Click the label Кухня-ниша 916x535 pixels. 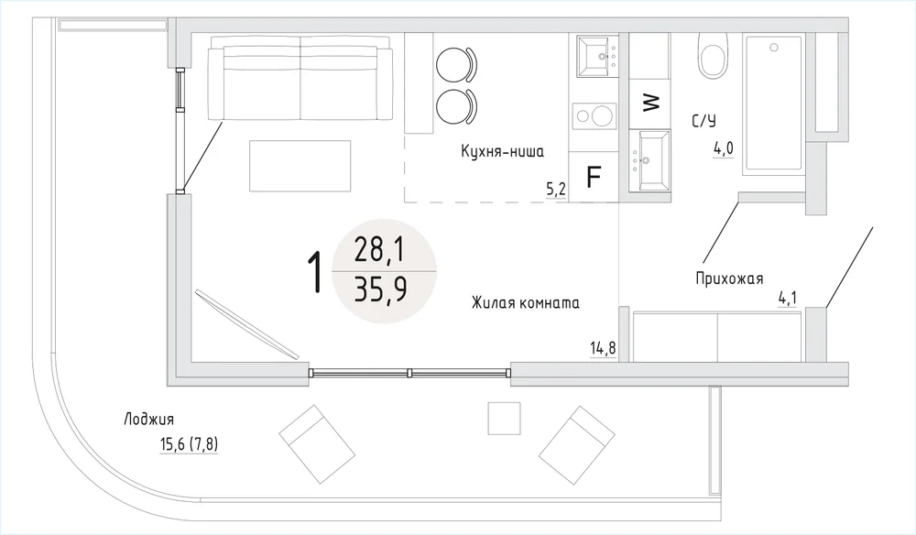click(x=502, y=152)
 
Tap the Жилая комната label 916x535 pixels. click(x=526, y=302)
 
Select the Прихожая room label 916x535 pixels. click(x=729, y=278)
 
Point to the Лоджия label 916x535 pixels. click(x=148, y=420)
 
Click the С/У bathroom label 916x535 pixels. click(x=703, y=121)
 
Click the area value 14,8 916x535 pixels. click(x=603, y=349)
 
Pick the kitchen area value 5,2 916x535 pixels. click(x=556, y=190)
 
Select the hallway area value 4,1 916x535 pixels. click(x=787, y=299)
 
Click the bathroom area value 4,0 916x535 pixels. click(x=723, y=149)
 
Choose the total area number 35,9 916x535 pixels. click(x=381, y=290)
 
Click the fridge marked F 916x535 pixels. click(x=594, y=177)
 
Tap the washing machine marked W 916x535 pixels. click(x=649, y=104)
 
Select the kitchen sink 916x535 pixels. click(x=597, y=57)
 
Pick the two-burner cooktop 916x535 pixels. click(x=594, y=115)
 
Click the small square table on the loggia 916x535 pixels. click(x=504, y=418)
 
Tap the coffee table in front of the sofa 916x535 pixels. click(x=300, y=166)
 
